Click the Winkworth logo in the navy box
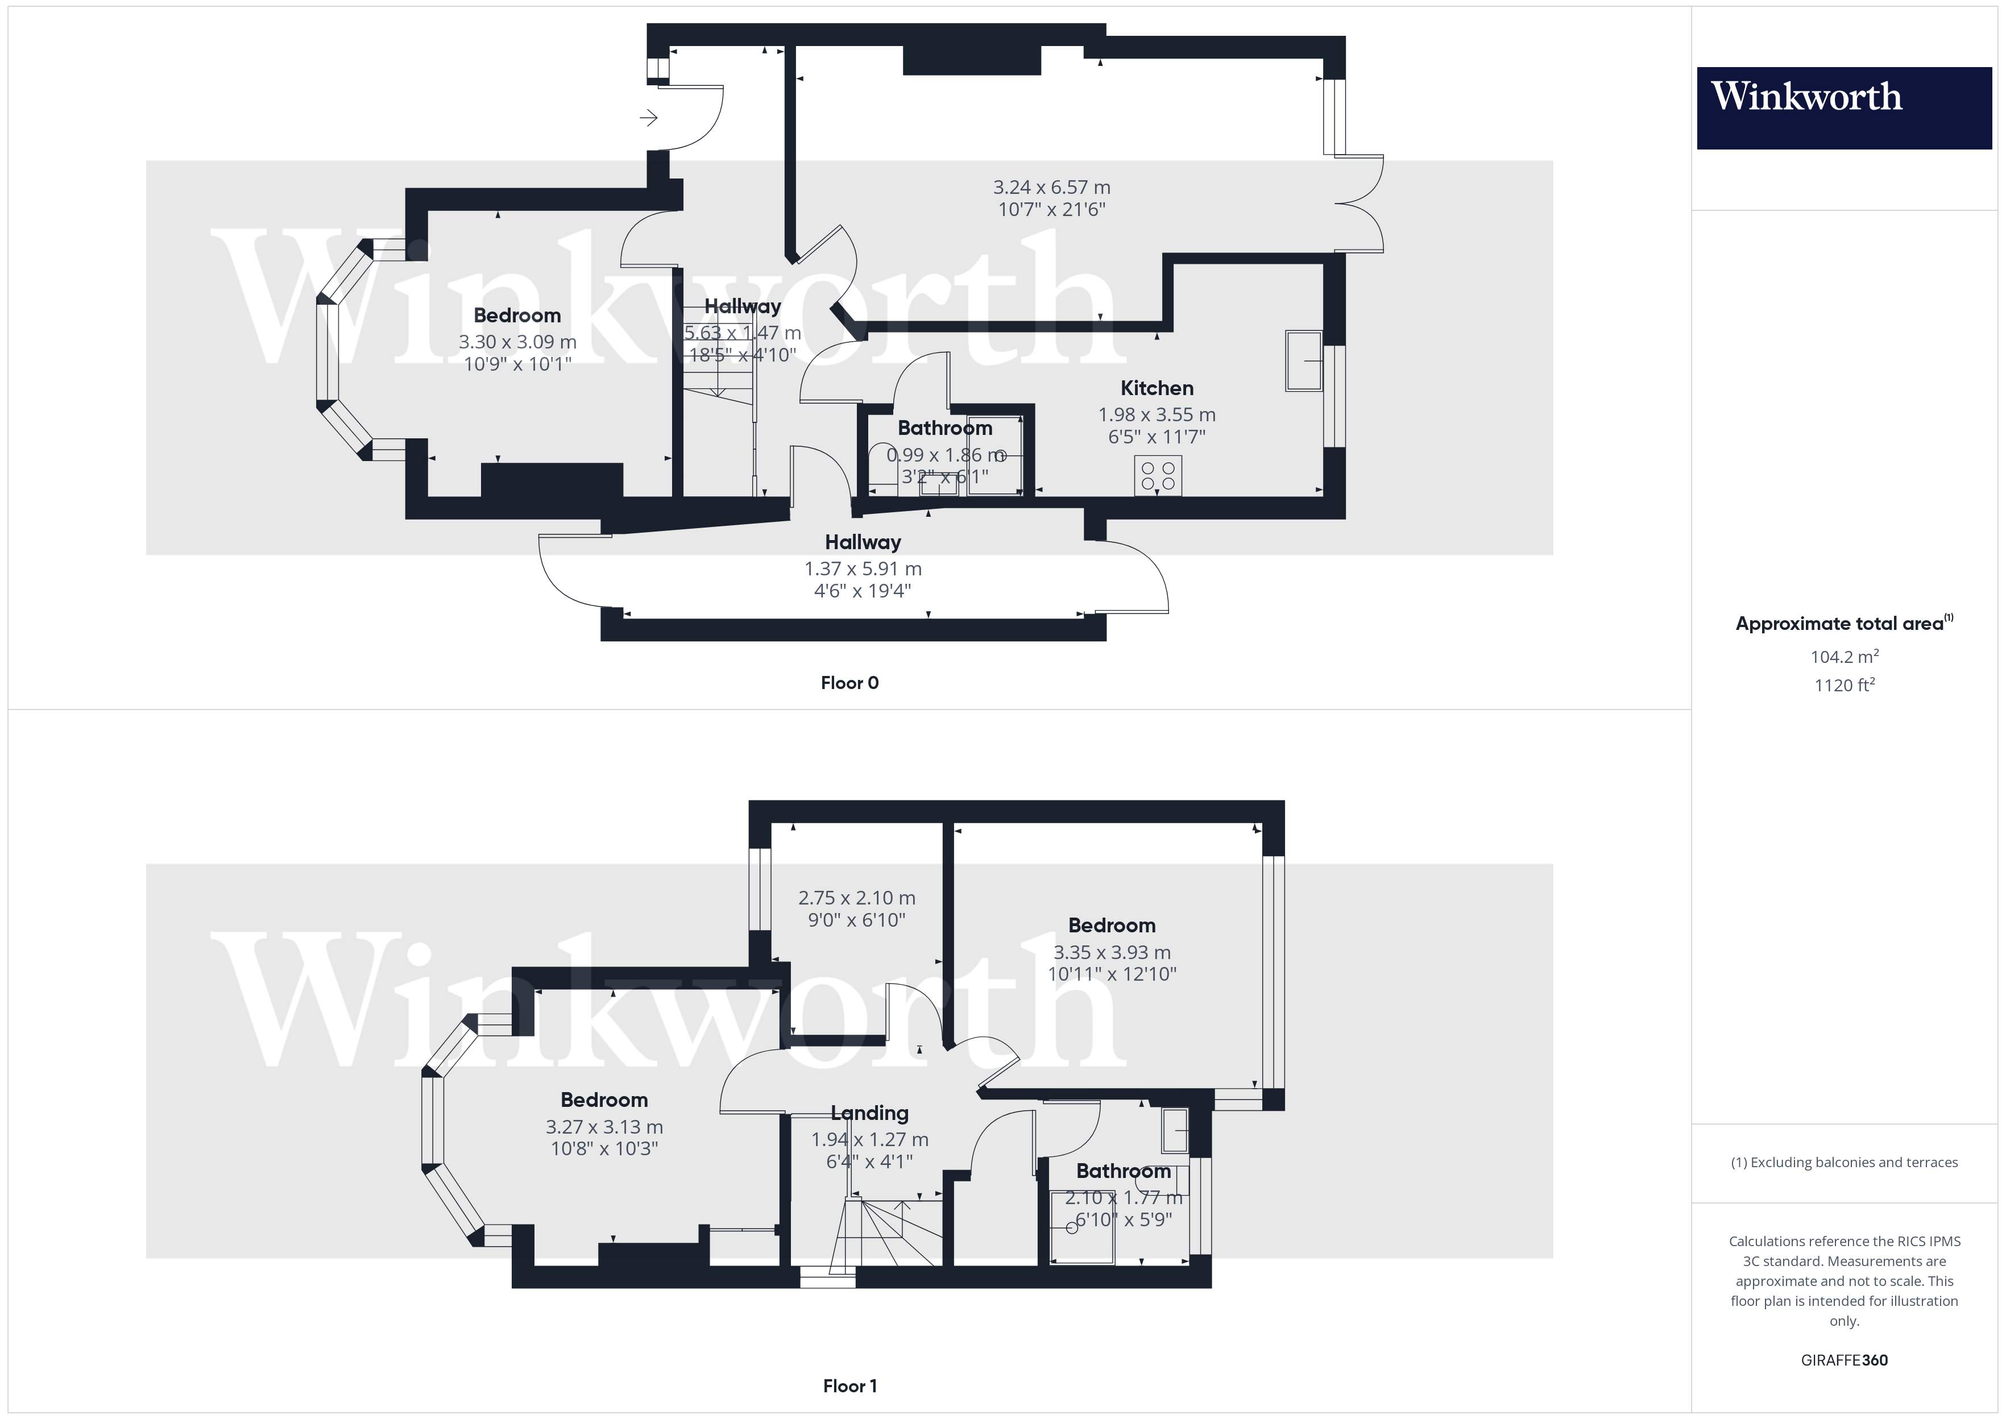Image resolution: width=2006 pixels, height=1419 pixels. coord(1805,97)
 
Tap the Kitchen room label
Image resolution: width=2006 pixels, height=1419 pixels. coord(1156,388)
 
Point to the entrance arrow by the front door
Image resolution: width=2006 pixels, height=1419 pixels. coord(648,117)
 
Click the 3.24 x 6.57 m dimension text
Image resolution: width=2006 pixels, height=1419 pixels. coord(1051,187)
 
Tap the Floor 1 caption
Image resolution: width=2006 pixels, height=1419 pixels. coord(849,1386)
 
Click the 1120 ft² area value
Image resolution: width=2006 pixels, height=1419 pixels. coord(1843,685)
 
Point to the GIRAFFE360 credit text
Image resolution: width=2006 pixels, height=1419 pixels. coord(1843,1360)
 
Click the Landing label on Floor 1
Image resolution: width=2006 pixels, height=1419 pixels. coord(869,1113)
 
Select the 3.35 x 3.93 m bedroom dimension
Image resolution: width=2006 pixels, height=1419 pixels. coord(1112,952)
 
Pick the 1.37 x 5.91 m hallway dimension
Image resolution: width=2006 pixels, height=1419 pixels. coord(863,569)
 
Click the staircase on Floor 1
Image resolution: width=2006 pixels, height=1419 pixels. coord(887,1232)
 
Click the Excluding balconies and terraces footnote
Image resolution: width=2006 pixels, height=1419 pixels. coord(1843,1162)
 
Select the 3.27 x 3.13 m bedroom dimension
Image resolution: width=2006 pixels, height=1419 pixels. coord(604,1127)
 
